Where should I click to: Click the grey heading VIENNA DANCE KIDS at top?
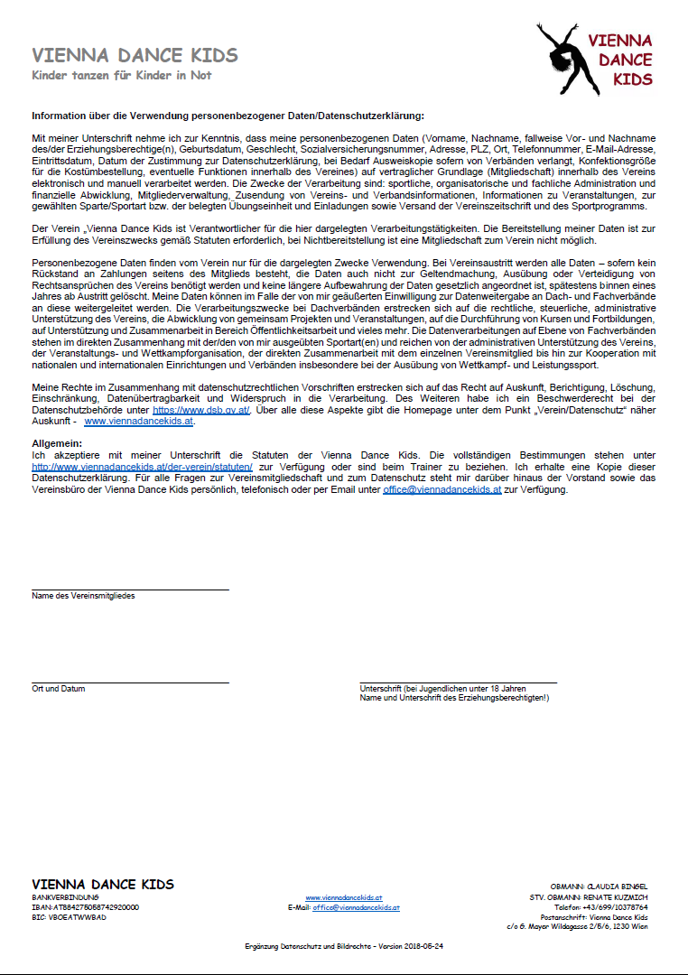click(x=135, y=56)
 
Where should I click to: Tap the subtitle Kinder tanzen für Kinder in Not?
click(x=122, y=75)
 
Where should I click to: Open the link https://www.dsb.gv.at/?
click(x=201, y=409)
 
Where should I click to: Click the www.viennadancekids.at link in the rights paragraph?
click(x=138, y=421)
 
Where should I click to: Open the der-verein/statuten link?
click(x=142, y=467)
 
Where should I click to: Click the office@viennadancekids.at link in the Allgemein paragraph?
click(x=442, y=489)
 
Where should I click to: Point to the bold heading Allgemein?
click(x=56, y=443)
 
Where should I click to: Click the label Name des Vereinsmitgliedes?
click(x=84, y=596)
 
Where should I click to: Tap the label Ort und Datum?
click(x=59, y=689)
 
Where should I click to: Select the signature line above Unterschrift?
click(x=458, y=683)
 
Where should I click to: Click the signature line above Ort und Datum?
click(x=130, y=683)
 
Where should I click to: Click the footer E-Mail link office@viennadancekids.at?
click(x=356, y=907)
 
